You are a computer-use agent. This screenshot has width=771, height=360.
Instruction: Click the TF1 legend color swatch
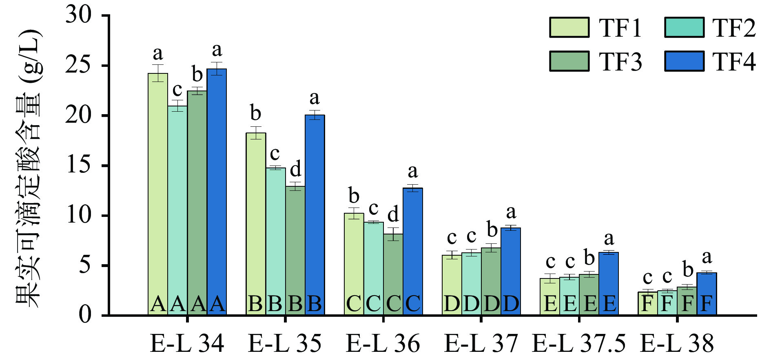click(569, 28)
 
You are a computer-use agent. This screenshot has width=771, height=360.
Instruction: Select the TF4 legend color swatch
click(684, 62)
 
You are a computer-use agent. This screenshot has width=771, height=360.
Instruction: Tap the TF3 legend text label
click(620, 62)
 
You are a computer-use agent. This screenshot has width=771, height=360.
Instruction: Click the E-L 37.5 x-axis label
click(578, 343)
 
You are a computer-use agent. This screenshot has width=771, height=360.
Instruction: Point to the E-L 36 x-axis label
click(383, 343)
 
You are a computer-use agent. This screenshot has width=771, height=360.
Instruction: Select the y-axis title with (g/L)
click(29, 167)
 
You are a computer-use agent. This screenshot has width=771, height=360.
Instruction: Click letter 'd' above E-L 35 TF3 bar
click(295, 168)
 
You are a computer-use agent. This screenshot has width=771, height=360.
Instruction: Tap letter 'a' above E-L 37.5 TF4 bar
click(609, 238)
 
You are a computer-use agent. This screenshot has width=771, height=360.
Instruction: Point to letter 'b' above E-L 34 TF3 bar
click(197, 75)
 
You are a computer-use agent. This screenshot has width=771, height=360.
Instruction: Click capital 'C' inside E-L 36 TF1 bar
click(353, 304)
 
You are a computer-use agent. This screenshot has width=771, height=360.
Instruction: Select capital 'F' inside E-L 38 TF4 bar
click(707, 304)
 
